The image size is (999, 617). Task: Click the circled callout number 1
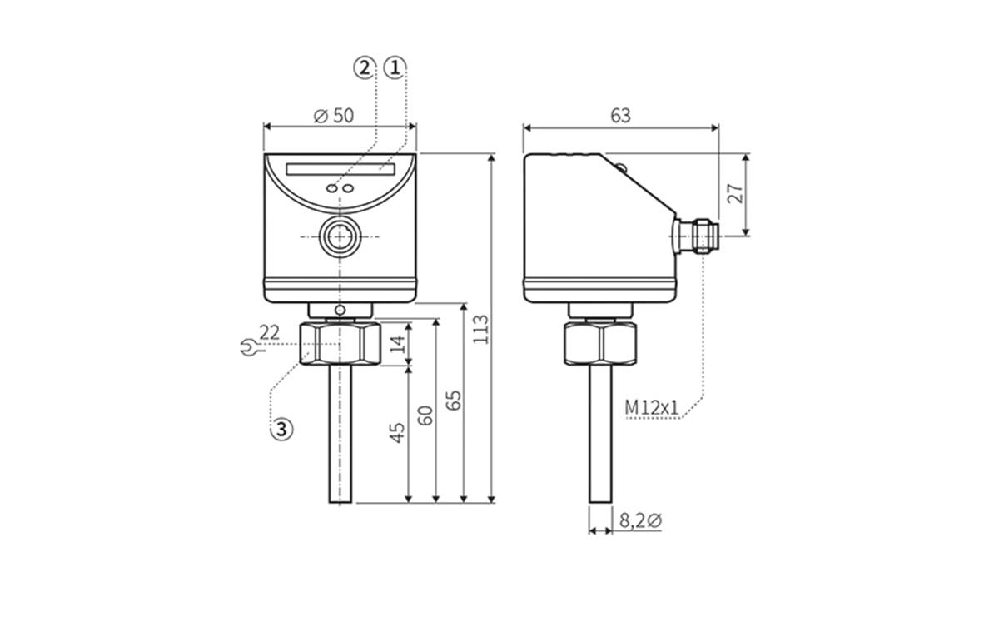(x=395, y=68)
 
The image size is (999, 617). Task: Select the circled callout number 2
(x=364, y=68)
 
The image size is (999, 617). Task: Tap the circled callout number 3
(x=282, y=429)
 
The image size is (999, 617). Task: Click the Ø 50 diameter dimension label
(x=334, y=116)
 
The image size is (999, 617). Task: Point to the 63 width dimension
(x=620, y=116)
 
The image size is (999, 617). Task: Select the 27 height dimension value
(x=734, y=194)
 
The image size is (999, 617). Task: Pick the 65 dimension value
(x=453, y=400)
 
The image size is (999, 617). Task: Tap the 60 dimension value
(x=425, y=415)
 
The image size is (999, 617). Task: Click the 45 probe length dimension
(x=398, y=432)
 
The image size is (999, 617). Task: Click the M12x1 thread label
(x=652, y=407)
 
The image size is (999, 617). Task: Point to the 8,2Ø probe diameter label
(x=639, y=521)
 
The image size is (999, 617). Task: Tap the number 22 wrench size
(x=269, y=332)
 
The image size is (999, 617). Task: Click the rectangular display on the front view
(x=340, y=168)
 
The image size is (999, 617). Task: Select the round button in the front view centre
(x=339, y=237)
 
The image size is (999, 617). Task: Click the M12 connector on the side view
(x=694, y=235)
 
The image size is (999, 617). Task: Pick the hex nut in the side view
(x=600, y=343)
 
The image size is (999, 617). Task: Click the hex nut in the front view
(x=339, y=343)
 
